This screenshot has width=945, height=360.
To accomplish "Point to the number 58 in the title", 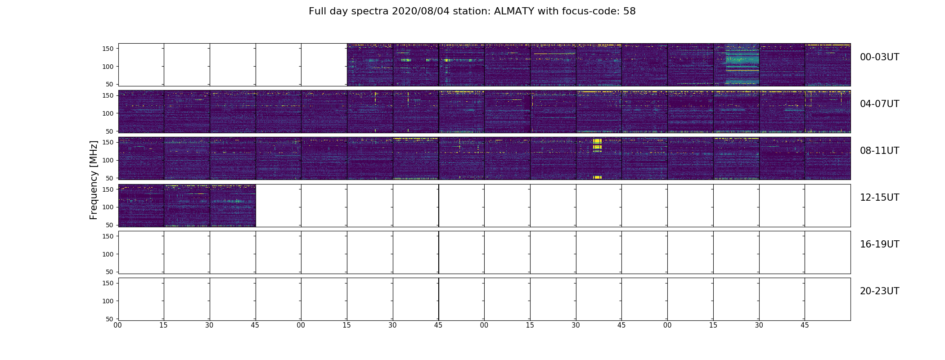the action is (x=630, y=11).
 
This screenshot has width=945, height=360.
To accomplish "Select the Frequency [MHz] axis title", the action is (x=94, y=180).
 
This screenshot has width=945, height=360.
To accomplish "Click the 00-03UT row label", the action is (x=879, y=57).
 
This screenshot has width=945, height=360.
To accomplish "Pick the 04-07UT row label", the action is (x=879, y=104).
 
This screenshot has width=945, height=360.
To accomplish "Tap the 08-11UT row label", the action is (x=879, y=151).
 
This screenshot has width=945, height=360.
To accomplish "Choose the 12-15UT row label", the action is (x=879, y=198).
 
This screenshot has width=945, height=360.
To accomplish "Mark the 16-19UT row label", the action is (x=879, y=244).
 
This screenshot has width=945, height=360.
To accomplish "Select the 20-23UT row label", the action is (x=879, y=291).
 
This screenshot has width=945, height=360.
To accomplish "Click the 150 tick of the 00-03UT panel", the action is (x=108, y=49).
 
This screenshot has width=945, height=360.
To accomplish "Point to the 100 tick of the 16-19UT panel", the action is (x=108, y=254).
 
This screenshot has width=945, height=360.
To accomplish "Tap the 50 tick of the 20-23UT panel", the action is (x=110, y=319).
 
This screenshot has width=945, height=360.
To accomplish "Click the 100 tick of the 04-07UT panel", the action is (x=108, y=113).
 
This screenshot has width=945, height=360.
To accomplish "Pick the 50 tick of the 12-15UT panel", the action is (x=110, y=225).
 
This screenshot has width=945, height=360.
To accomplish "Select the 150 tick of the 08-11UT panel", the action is (x=108, y=142).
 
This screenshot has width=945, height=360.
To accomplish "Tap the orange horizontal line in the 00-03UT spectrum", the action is (x=742, y=71).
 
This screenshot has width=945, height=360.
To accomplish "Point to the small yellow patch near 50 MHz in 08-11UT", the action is (x=597, y=177).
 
